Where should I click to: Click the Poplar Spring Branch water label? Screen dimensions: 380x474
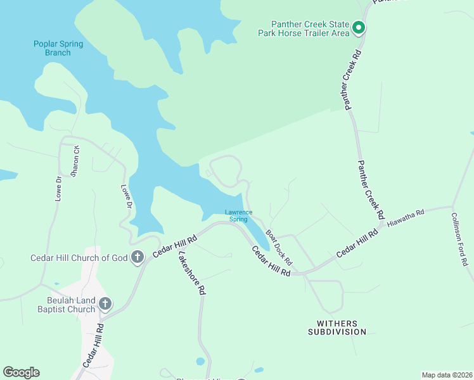pos(53,48)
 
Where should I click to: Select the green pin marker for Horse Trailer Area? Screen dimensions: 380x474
pos(358,27)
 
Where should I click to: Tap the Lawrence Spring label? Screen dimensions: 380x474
pos(238,215)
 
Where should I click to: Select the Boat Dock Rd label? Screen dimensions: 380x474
pos(279,248)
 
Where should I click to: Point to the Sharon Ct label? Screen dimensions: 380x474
pos(76,161)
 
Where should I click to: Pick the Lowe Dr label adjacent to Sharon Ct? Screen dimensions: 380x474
pos(58,188)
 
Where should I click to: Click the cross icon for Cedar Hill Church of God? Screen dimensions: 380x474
pos(137,257)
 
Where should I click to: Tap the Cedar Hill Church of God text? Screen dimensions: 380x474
pos(79,258)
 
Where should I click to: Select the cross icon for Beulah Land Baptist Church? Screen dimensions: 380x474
pos(105,304)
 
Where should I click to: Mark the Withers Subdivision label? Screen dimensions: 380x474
pos(337,327)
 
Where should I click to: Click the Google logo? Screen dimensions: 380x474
pos(21,372)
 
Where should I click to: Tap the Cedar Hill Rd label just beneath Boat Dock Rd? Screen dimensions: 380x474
pos(271,260)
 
